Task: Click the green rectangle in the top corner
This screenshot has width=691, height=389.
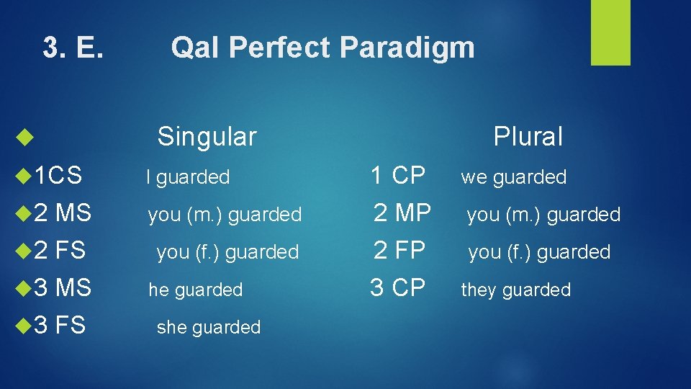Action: pos(610,32)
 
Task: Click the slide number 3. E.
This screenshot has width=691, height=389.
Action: pos(74,48)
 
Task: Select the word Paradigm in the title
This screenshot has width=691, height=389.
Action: pos(407,48)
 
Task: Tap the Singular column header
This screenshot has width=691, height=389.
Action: pos(207,136)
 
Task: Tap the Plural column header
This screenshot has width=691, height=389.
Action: pos(528,136)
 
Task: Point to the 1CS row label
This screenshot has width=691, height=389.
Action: pos(58,174)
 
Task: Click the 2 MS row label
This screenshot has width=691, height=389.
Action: pos(63,213)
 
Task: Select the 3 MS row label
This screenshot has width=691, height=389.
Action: pos(63,287)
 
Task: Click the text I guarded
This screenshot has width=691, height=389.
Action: pos(188,177)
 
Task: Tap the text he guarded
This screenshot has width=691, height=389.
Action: pos(196,290)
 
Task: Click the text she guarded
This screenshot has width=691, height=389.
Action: pos(209,328)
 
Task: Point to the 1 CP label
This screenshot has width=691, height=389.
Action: pos(398,174)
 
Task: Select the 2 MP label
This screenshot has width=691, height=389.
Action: pos(402,213)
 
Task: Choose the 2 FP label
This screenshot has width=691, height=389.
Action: pos(399,250)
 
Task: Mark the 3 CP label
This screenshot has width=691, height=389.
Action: pos(398,287)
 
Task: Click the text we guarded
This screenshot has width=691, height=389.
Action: pos(514,177)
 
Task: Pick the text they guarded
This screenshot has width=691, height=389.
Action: pos(515,290)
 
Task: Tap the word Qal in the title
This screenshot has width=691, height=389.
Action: pos(191,48)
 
